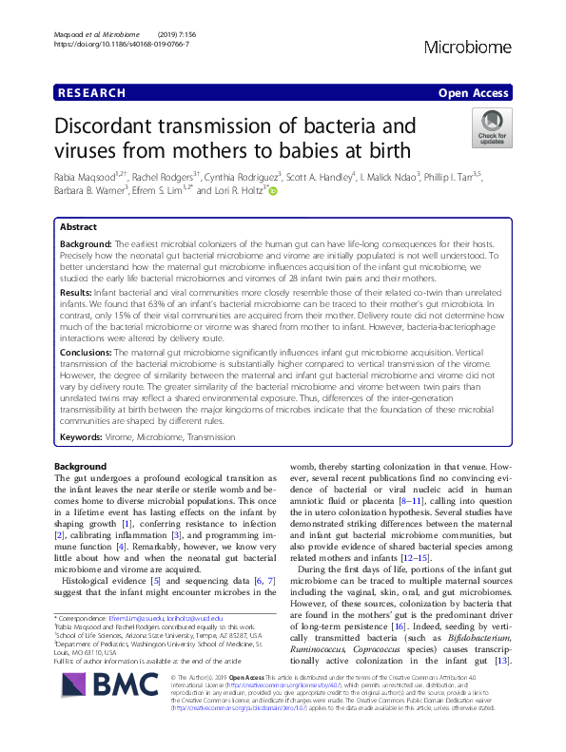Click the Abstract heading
(78, 228)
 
